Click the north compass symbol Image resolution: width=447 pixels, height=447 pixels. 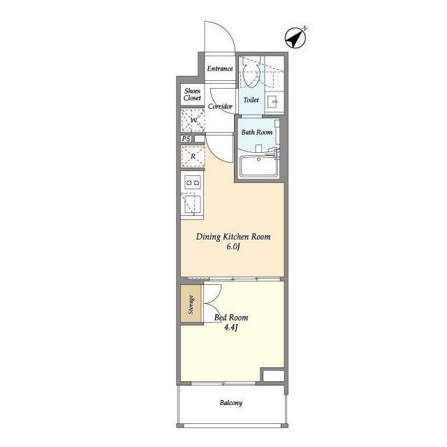click(x=295, y=38)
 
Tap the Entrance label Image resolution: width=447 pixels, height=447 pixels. click(x=220, y=68)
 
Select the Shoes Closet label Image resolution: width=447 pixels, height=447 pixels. click(x=192, y=94)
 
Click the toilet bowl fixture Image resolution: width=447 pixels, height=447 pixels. click(x=251, y=75)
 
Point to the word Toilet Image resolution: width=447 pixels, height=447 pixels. click(x=251, y=100)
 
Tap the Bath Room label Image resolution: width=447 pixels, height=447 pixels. click(x=257, y=132)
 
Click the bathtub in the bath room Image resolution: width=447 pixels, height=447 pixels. click(x=259, y=166)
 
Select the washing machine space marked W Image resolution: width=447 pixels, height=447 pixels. click(x=193, y=120)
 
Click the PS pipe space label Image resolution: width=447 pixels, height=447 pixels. click(x=186, y=138)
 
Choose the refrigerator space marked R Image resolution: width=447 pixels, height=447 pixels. click(x=193, y=156)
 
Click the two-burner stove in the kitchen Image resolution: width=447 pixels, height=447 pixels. click(x=193, y=182)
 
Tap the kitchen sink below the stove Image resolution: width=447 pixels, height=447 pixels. click(x=193, y=204)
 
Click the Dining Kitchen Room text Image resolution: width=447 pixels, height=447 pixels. click(x=233, y=237)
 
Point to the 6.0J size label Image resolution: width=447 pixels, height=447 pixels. click(x=233, y=247)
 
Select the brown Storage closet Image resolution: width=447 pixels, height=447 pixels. click(x=191, y=304)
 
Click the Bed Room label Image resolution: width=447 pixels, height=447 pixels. click(x=231, y=318)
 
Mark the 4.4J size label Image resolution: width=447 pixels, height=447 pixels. click(x=231, y=328)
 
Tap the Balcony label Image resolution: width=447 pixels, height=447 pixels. click(x=231, y=403)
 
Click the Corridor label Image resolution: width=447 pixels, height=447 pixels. click(x=220, y=106)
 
